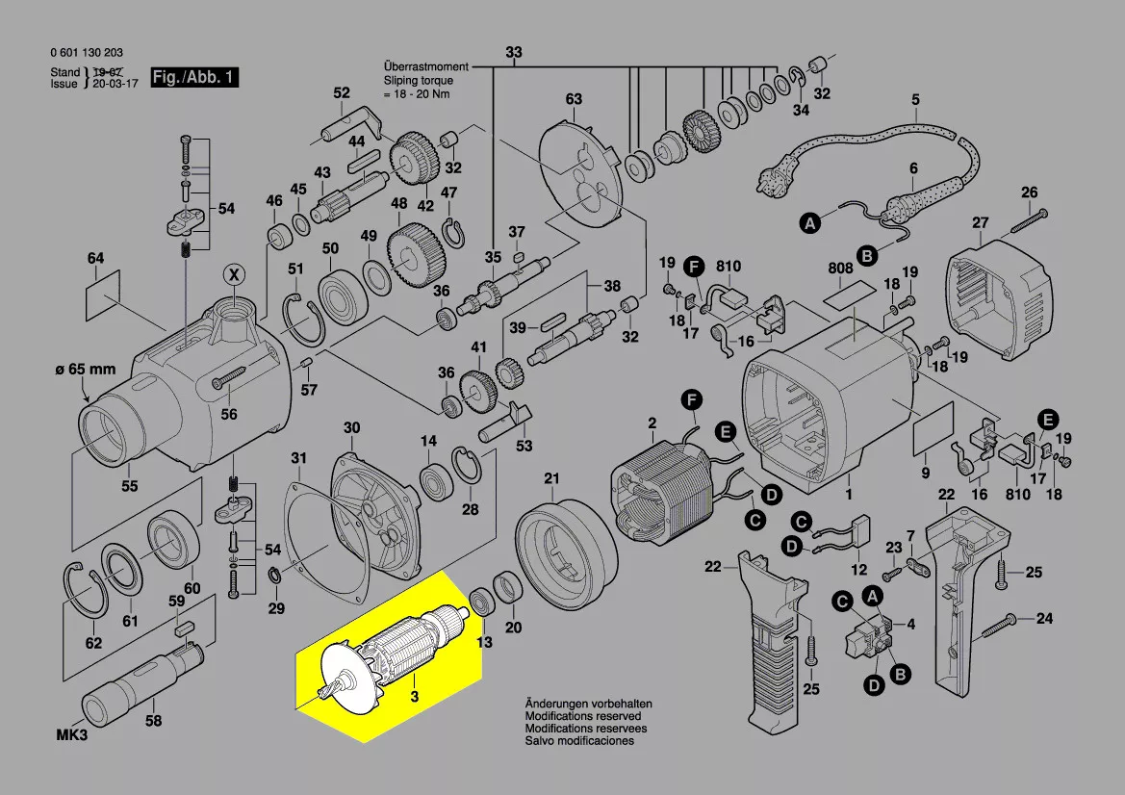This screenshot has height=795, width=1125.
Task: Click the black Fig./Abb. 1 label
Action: (x=193, y=77)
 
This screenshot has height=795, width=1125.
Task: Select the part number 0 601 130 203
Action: (x=86, y=53)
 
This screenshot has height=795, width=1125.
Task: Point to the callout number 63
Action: (x=574, y=99)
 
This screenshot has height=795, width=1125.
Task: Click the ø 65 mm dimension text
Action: (x=84, y=371)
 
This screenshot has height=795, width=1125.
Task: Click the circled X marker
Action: (x=233, y=274)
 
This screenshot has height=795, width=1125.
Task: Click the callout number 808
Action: (x=839, y=269)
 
